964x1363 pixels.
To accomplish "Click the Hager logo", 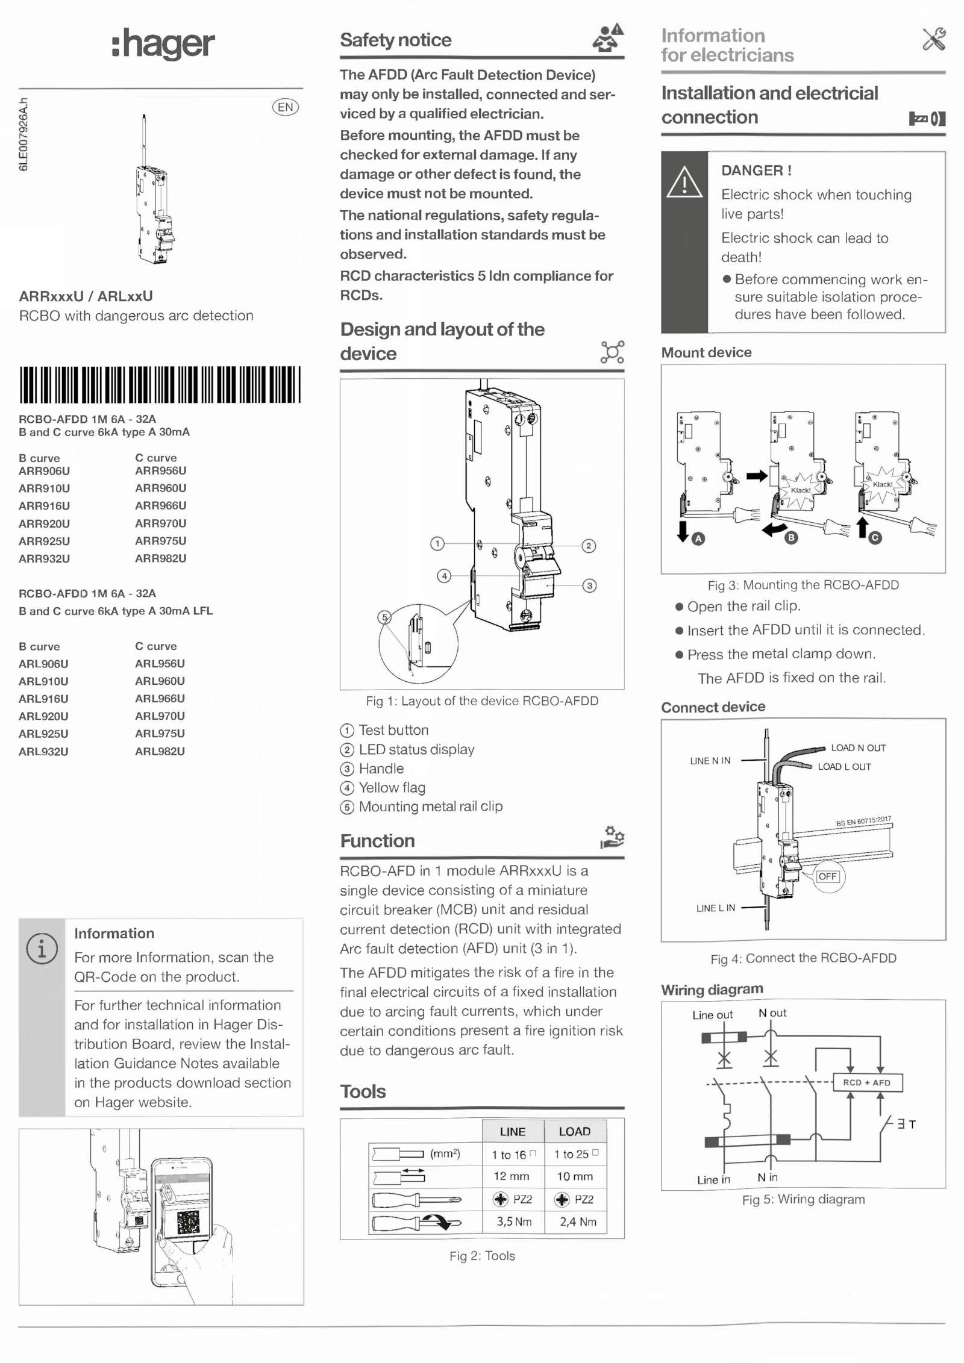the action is [x=163, y=43].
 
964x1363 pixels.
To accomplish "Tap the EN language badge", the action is [x=285, y=107].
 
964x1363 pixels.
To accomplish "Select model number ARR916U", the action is [x=44, y=506].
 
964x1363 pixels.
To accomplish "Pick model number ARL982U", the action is [x=160, y=751].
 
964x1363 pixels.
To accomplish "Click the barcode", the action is [x=160, y=384].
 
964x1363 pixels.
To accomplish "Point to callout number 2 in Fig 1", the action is [x=589, y=546].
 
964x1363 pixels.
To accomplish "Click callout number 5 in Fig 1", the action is [x=384, y=617].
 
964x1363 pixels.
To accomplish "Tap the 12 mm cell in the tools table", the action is [x=512, y=1176].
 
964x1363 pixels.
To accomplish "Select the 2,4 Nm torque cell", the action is [x=577, y=1221].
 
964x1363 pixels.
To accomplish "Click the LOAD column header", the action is [x=575, y=1131].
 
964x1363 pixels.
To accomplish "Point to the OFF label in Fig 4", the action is [x=828, y=876].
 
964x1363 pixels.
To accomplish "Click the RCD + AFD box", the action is [x=867, y=1082].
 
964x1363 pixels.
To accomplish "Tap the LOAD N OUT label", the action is [x=858, y=747].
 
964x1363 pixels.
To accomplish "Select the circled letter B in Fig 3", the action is [x=792, y=538].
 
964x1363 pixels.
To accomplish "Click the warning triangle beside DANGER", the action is [x=684, y=182].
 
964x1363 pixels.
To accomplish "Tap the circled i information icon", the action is [x=42, y=949].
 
